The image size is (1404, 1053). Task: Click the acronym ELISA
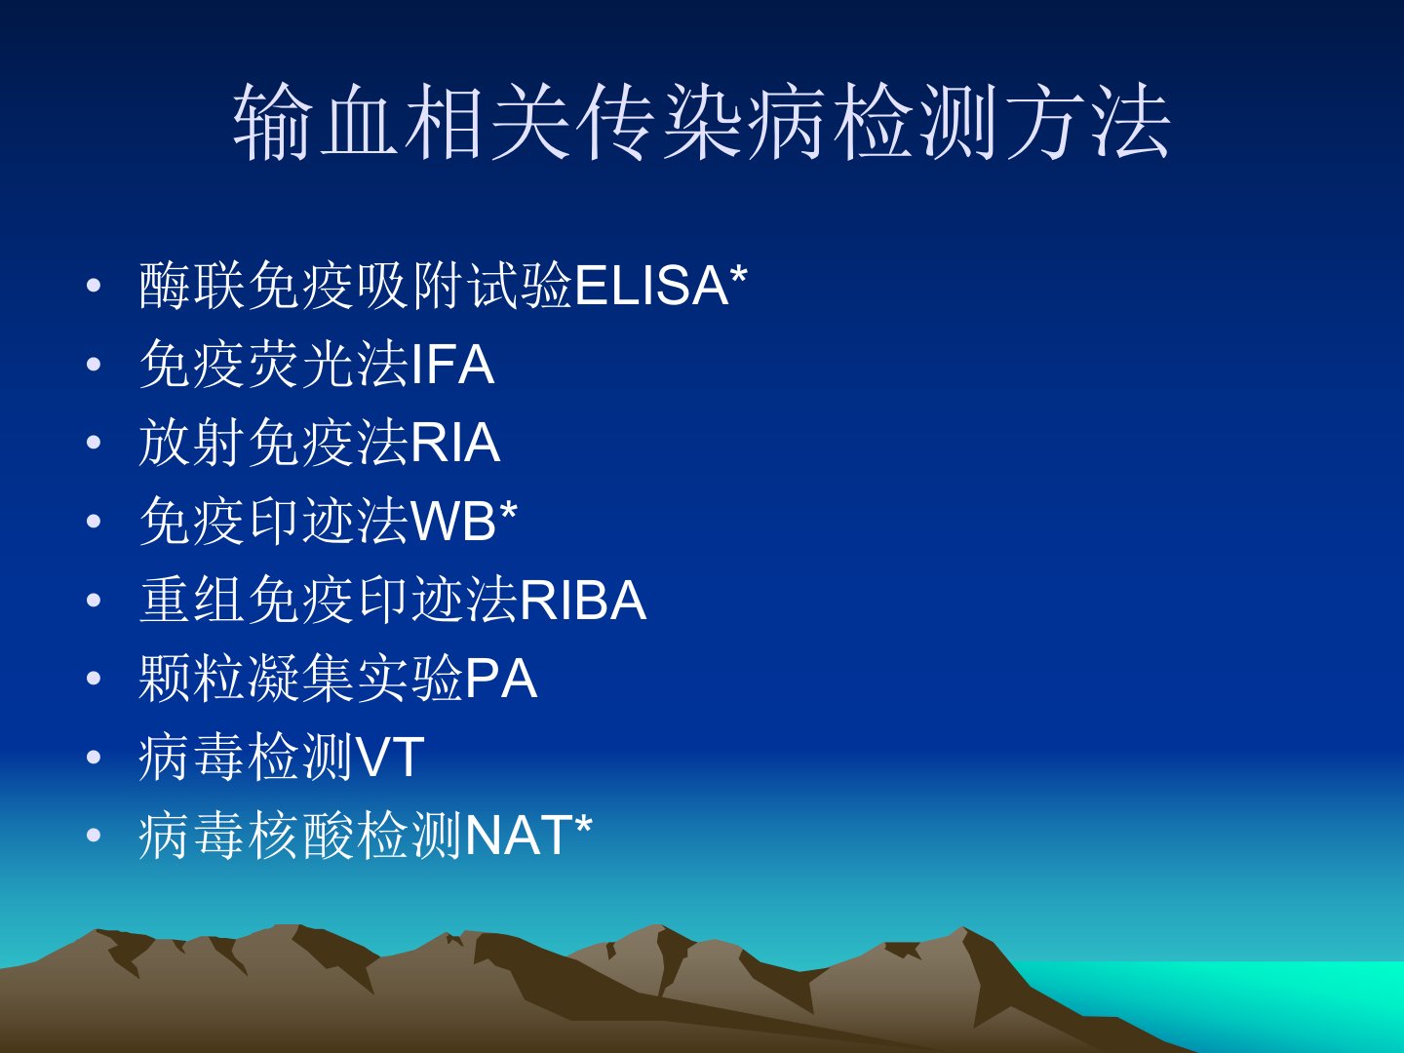652,285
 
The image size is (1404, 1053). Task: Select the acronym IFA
452,364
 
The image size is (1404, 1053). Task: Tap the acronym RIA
455,443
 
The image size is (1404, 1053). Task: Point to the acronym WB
453,521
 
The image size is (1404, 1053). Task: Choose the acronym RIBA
583,600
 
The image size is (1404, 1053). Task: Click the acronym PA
501,679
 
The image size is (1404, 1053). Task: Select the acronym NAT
520,835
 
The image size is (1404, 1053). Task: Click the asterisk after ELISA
739,276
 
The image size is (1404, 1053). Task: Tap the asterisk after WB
508,512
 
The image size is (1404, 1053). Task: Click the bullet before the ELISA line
94,286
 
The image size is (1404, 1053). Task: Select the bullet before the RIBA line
94,601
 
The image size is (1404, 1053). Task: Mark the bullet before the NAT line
94,836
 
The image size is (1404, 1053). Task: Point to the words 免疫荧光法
274,364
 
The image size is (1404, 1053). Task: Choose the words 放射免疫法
274,443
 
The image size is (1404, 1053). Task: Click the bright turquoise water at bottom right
1247,1004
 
